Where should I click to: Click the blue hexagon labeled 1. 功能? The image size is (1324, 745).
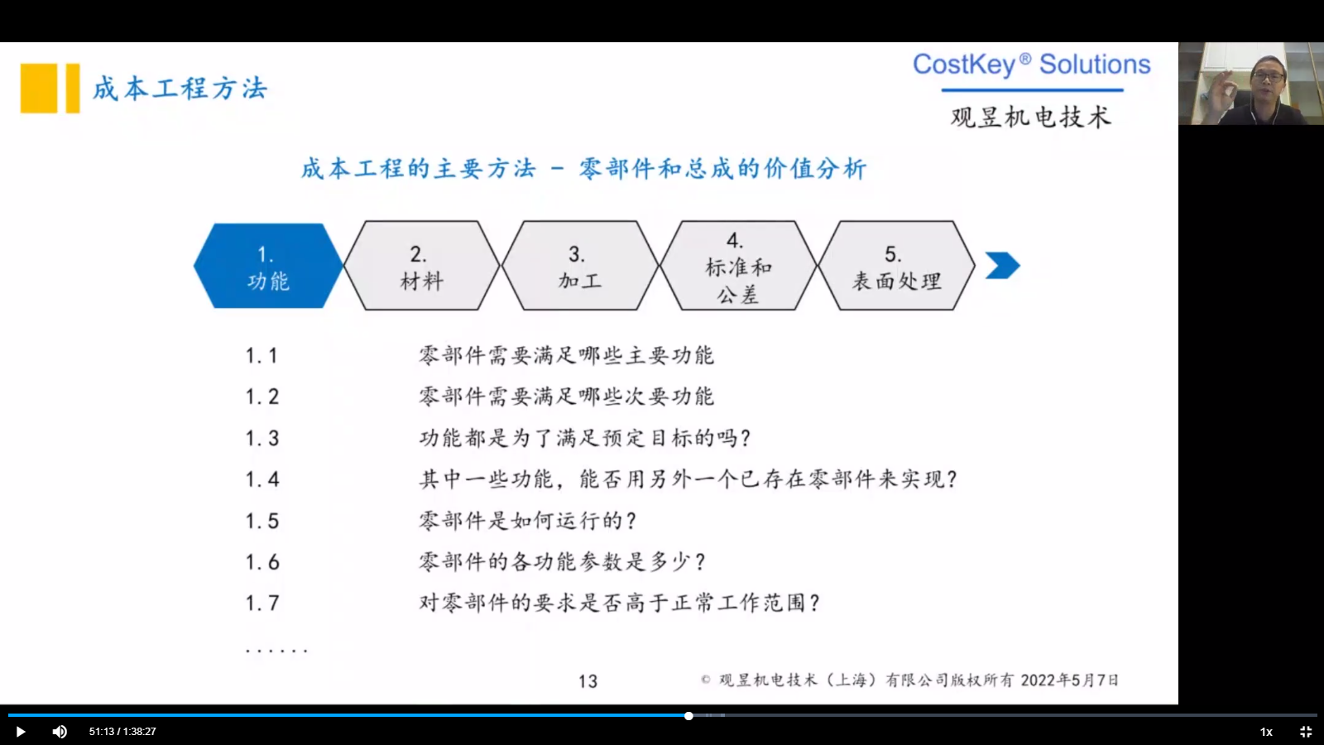(268, 266)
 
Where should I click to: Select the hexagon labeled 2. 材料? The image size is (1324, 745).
(421, 266)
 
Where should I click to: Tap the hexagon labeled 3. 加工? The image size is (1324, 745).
(580, 266)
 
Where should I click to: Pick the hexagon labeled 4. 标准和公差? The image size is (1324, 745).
(738, 266)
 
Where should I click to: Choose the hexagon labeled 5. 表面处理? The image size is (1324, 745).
(896, 266)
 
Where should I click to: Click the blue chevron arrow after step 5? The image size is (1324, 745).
(1002, 265)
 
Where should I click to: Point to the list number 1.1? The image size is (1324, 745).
(261, 356)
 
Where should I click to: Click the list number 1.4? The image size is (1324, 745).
(261, 479)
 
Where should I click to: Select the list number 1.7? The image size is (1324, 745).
(261, 603)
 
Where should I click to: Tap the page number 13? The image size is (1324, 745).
(588, 682)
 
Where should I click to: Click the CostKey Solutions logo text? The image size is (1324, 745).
(1031, 64)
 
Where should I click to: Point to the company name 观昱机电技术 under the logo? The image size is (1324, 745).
(1031, 117)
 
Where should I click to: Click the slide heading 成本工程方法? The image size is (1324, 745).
(180, 89)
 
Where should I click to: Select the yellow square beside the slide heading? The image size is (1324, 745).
(39, 88)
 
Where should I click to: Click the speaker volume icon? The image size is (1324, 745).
(60, 732)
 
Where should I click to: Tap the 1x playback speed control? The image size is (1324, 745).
(1266, 732)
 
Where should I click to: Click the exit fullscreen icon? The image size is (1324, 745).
(1306, 732)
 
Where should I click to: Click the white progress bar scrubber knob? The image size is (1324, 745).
(688, 715)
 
